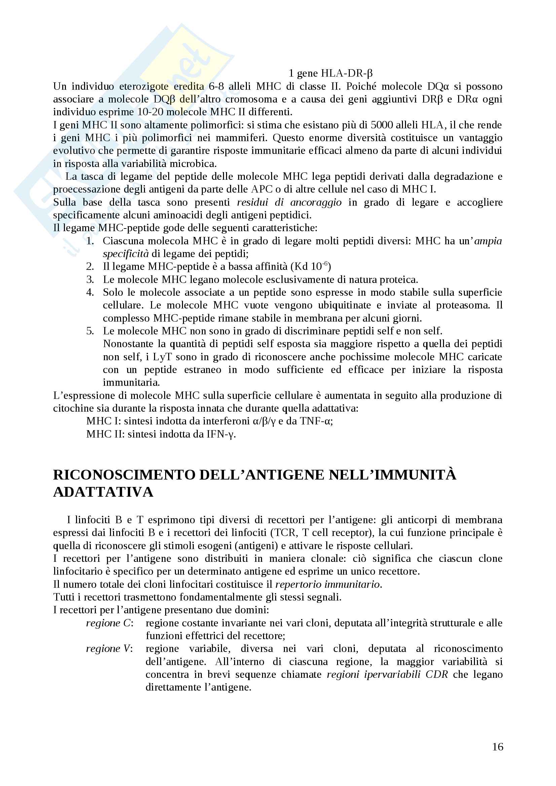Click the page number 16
tap(497, 747)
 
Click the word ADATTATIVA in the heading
tap(103, 492)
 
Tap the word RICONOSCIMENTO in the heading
tap(124, 475)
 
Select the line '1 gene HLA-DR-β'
tap(330, 73)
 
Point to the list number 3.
tap(90, 280)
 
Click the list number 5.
tap(90, 331)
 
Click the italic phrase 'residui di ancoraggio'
tap(289, 202)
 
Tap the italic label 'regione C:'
tap(109, 623)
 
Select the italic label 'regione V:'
tap(109, 649)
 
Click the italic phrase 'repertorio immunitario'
tap(328, 584)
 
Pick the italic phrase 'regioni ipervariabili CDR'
tap(387, 674)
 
